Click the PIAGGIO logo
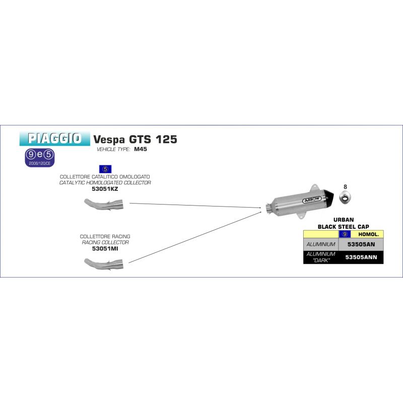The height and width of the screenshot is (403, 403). click(x=55, y=139)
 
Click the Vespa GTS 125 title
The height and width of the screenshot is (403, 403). click(x=135, y=140)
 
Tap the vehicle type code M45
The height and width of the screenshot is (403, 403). click(x=141, y=149)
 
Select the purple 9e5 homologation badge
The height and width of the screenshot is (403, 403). click(x=40, y=158)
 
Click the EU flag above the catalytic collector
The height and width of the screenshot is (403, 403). click(x=105, y=169)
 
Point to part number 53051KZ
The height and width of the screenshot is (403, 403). click(x=105, y=189)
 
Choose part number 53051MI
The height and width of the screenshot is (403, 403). click(x=105, y=248)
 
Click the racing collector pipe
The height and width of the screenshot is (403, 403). click(x=104, y=264)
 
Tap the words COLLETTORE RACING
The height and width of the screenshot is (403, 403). click(x=105, y=236)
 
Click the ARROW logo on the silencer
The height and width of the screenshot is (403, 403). click(x=312, y=199)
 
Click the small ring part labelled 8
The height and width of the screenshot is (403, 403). click(x=345, y=197)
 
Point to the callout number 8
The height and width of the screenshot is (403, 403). click(x=345, y=187)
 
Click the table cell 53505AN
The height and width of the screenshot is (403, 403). click(x=361, y=244)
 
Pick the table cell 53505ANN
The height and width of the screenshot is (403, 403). click(x=361, y=257)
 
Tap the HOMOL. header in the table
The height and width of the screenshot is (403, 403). click(x=368, y=234)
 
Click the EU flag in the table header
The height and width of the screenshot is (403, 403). click(x=345, y=234)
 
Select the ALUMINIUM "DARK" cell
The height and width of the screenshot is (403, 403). click(x=321, y=257)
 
